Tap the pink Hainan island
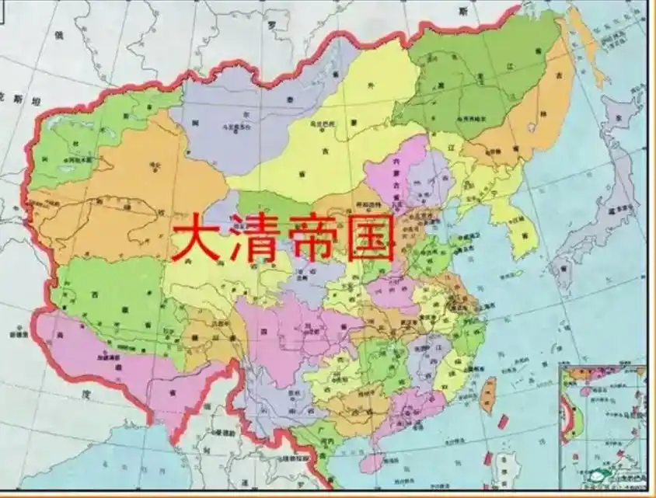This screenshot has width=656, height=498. coord(372,463)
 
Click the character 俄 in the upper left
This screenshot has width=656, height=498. coord(58,35)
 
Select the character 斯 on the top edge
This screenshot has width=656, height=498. coord(463,11)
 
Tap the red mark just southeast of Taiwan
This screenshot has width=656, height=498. coord(502,422)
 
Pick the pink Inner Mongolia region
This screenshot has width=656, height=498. coord(389,175)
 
